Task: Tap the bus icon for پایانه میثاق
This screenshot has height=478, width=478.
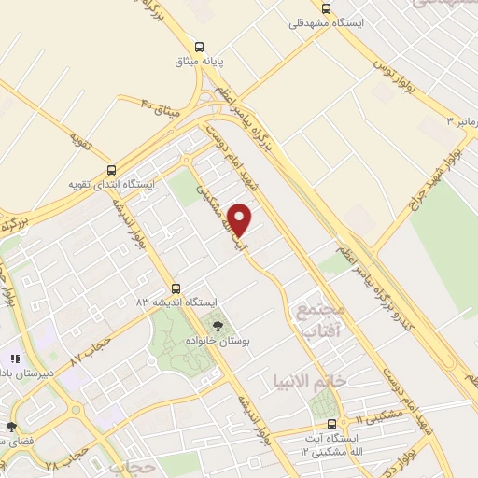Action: click(x=198, y=47)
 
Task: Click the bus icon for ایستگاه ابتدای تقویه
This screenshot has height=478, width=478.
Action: click(x=112, y=171)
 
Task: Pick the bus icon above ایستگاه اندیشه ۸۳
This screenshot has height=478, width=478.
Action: click(x=176, y=288)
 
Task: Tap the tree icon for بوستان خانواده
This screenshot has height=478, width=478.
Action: click(x=218, y=326)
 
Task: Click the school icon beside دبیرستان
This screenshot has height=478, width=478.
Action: click(x=14, y=358)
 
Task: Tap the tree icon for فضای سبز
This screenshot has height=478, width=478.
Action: click(x=10, y=427)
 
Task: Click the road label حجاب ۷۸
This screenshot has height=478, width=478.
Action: click(x=65, y=459)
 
